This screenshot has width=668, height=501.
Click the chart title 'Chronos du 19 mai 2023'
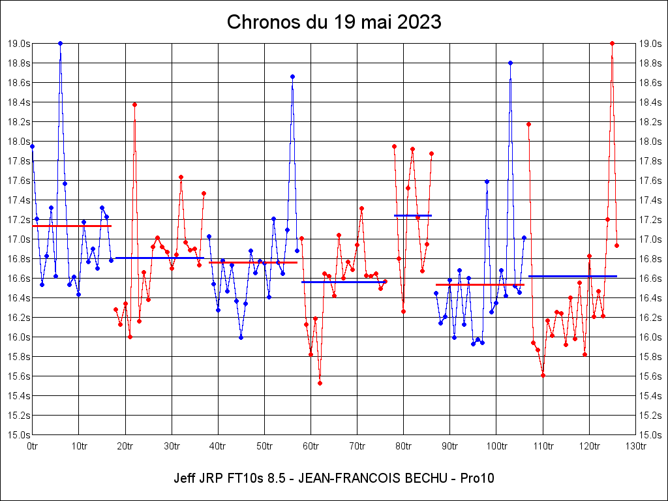click(334, 22)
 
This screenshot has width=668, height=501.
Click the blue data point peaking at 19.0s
click(60, 43)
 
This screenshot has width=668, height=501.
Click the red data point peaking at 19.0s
click(612, 43)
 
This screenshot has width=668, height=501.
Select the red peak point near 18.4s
click(134, 104)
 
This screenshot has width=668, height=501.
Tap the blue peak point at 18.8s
click(510, 63)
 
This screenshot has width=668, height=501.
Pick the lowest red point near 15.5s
click(320, 383)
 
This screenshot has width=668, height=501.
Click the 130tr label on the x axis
click(635, 447)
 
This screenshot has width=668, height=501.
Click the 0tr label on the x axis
click(33, 447)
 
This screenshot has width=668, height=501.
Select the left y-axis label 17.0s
click(18, 239)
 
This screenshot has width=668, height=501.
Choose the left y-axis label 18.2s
click(18, 122)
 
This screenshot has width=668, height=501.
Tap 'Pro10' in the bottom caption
click(477, 478)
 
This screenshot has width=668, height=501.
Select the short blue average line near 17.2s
click(412, 215)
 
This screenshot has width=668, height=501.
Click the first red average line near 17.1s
click(72, 226)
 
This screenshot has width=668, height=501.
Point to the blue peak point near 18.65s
click(292, 76)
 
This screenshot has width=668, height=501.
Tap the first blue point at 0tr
click(33, 146)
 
